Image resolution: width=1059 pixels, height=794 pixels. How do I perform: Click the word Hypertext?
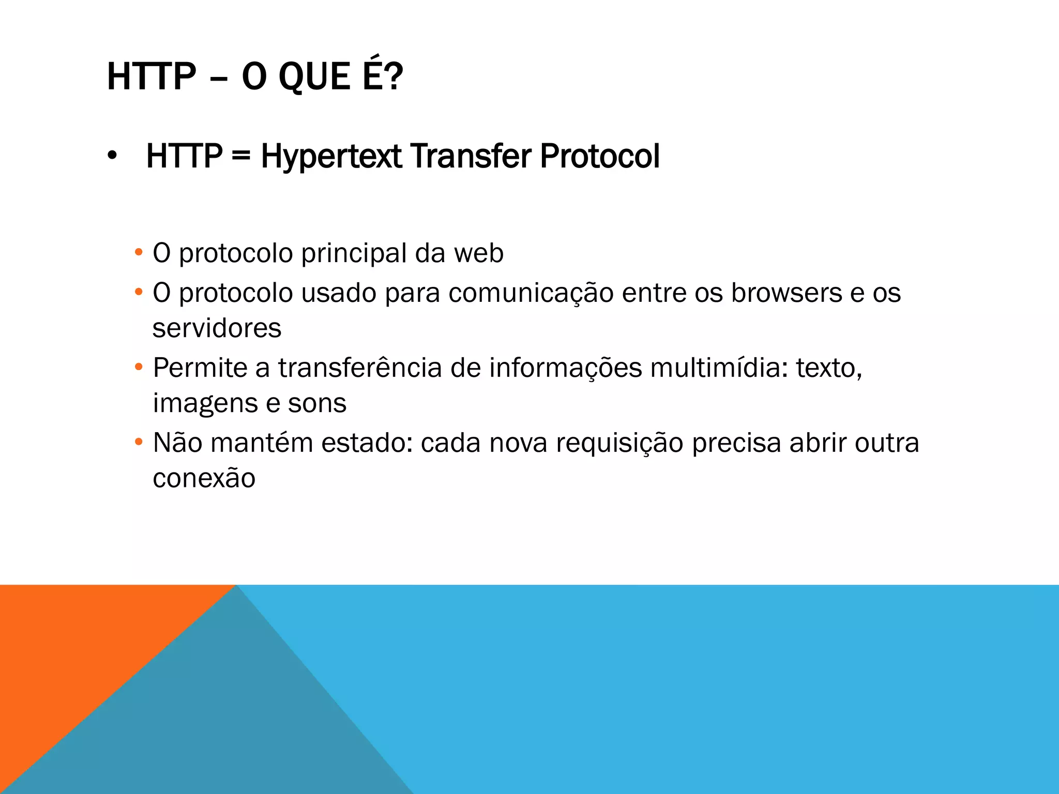[331, 156]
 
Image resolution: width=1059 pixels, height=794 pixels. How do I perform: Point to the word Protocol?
[600, 156]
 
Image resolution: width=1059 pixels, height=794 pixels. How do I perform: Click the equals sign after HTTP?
[241, 156]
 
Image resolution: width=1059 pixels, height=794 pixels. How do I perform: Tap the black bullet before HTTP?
[112, 157]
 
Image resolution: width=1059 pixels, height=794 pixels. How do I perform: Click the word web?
[478, 253]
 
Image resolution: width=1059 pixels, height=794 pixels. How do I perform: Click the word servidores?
[217, 328]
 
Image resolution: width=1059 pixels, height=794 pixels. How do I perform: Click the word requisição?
[619, 443]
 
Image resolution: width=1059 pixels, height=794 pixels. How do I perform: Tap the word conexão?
[204, 478]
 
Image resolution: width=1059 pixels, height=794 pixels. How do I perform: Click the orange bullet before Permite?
[138, 368]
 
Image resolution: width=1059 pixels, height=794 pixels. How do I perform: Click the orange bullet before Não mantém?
[138, 442]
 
